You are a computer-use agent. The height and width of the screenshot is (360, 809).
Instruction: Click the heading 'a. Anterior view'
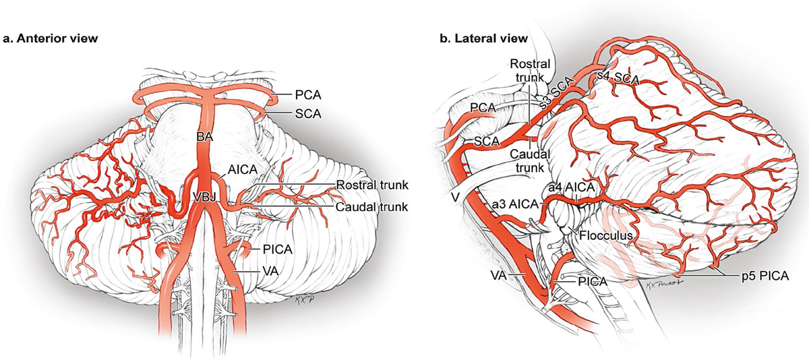pos(51,38)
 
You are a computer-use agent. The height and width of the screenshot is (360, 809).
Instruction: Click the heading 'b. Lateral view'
pos(484,38)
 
